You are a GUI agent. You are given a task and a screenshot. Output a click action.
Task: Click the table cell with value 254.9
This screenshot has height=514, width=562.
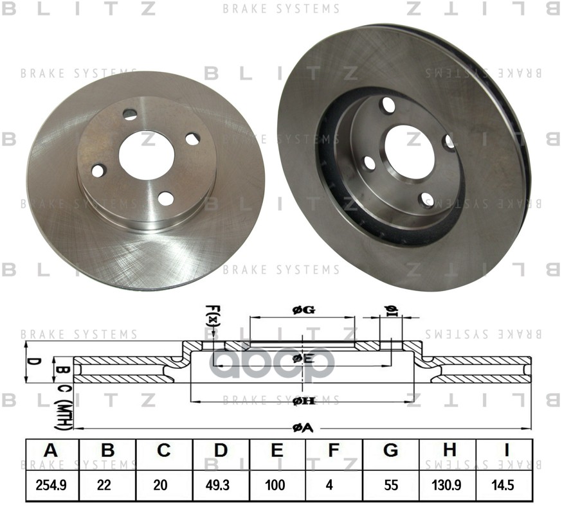51,485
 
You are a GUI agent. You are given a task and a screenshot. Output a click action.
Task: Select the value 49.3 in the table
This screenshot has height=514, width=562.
221,485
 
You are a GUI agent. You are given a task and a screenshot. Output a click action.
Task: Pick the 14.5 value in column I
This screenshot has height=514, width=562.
504,485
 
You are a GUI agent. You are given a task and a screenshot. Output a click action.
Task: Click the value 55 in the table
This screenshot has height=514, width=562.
390,485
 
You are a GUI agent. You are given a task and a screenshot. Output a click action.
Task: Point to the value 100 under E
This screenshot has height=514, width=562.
277,485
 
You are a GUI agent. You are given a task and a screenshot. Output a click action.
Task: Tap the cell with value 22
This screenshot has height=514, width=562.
107,485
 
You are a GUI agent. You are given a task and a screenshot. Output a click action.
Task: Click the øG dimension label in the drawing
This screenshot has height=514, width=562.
303,310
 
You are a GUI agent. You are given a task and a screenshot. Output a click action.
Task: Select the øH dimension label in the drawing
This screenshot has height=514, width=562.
303,402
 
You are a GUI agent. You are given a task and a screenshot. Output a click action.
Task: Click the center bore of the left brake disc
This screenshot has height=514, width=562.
147,155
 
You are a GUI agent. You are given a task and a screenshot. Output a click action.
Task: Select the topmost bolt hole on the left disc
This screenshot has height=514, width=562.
131,114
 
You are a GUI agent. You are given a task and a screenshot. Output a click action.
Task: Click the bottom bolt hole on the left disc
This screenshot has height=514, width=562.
166,199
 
